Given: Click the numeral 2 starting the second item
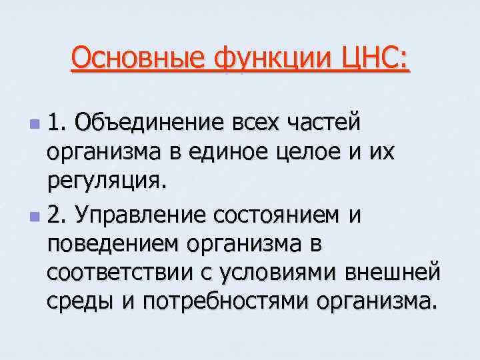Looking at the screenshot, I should pos(55,215).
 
